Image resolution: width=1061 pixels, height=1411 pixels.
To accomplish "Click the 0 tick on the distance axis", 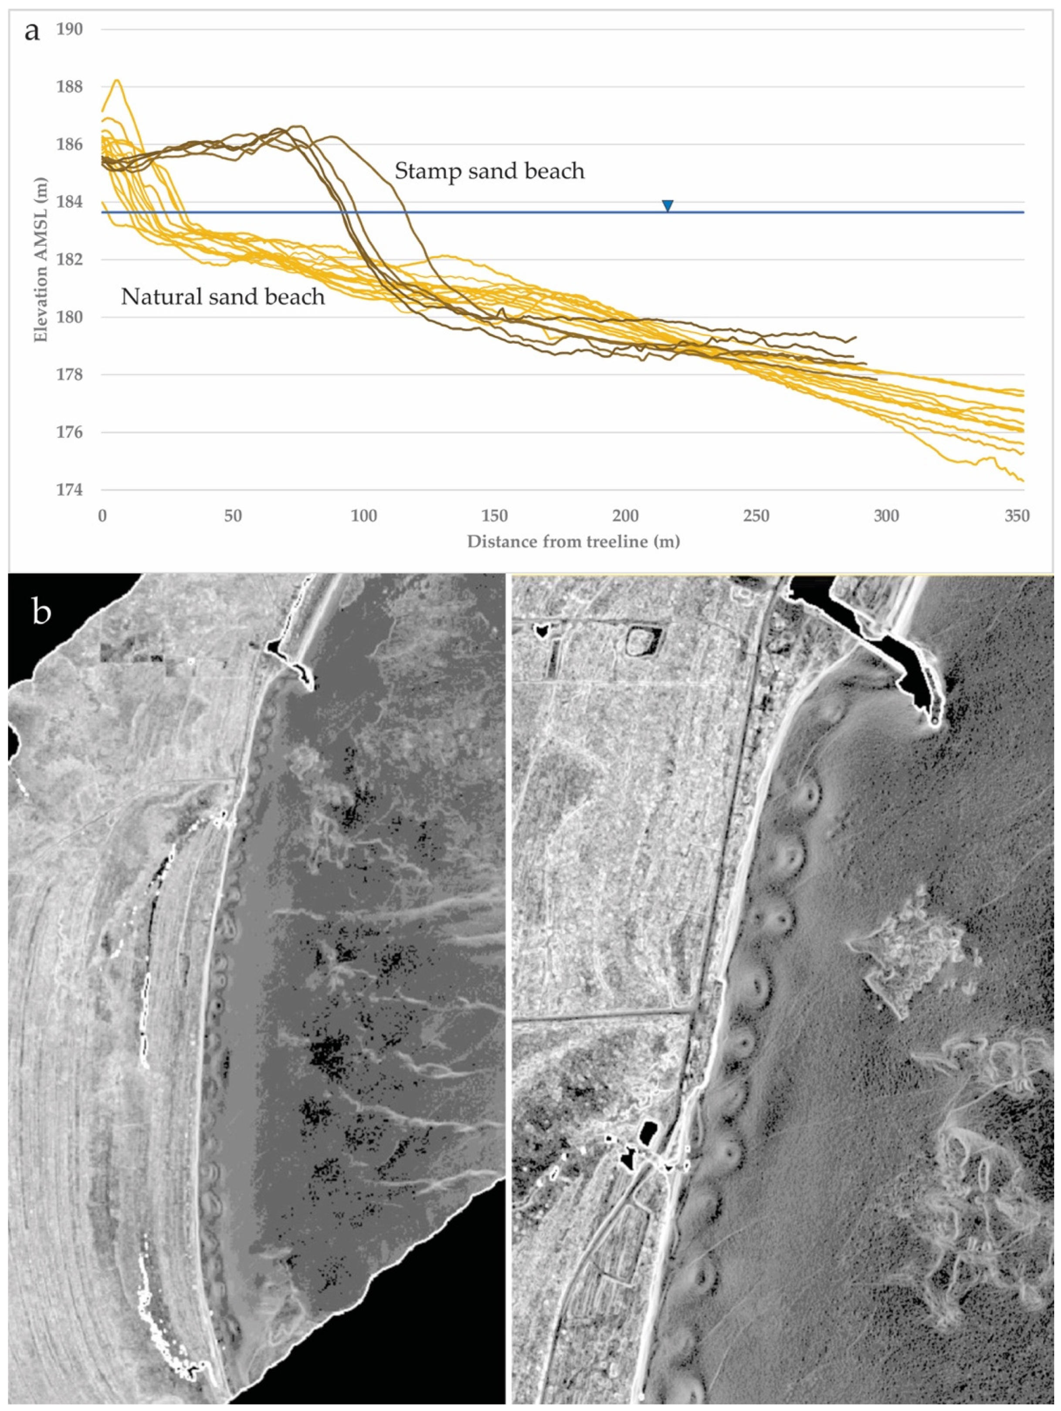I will [102, 516].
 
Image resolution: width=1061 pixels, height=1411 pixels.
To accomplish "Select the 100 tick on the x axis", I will [364, 516].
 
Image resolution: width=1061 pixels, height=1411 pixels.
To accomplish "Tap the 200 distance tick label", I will [625, 516].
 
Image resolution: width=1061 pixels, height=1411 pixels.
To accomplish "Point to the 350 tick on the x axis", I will [1017, 516].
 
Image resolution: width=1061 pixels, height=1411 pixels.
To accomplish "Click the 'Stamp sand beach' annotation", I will [489, 171].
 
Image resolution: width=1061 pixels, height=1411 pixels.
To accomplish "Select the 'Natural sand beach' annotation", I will [223, 297].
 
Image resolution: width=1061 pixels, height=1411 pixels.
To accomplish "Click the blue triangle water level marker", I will [668, 205].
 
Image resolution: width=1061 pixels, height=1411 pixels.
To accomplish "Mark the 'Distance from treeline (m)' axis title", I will [573, 542].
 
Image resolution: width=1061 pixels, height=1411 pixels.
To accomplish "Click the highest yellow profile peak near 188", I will [117, 81].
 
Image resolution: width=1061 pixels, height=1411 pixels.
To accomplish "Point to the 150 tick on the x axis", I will [495, 516].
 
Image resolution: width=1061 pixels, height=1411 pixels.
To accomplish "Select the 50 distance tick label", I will [233, 516].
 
